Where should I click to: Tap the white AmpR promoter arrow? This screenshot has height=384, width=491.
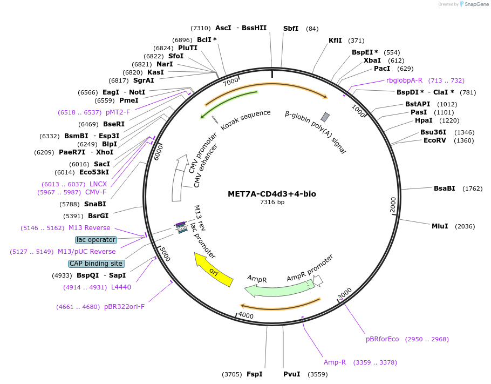(x=318, y=280)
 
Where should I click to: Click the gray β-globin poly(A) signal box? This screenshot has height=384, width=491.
(x=325, y=117)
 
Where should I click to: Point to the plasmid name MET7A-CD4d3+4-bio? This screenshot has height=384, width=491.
(x=272, y=194)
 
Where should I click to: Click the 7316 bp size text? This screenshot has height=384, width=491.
(x=272, y=203)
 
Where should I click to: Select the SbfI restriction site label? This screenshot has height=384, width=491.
(x=291, y=29)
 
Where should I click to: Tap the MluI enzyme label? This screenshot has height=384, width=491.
(x=440, y=226)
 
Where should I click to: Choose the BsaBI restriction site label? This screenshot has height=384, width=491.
(x=444, y=188)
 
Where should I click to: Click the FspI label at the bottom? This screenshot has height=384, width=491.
(x=254, y=374)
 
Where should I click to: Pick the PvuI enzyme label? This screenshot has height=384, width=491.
(x=291, y=374)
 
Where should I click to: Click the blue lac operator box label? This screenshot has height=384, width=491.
(x=96, y=239)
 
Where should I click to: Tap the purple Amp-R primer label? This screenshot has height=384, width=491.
(x=335, y=362)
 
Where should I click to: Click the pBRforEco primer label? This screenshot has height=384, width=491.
(x=382, y=339)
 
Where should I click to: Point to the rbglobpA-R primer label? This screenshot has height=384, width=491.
(x=404, y=80)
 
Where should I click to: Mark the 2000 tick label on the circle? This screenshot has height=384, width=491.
(x=393, y=205)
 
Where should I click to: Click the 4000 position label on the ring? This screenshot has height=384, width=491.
(x=245, y=315)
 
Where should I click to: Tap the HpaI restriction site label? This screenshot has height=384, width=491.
(x=424, y=120)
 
